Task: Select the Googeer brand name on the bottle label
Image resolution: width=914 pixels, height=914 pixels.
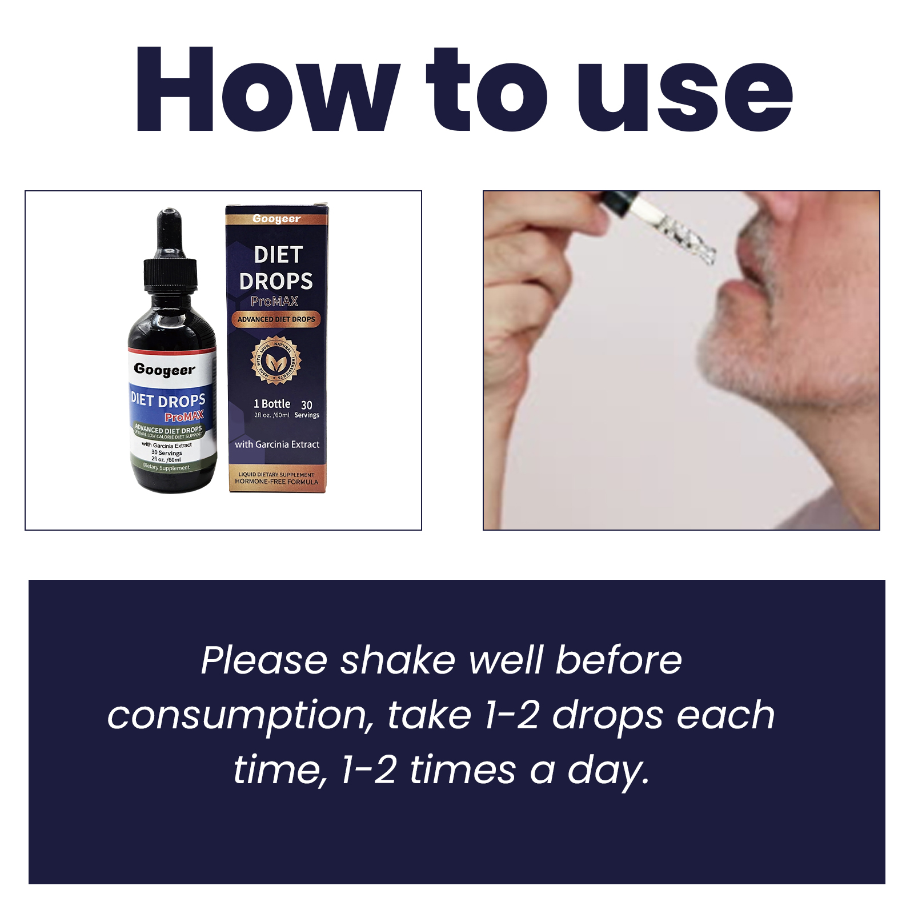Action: [165, 369]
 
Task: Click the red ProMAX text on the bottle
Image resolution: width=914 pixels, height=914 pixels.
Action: [184, 416]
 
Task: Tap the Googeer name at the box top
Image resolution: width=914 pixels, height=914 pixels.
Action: [276, 219]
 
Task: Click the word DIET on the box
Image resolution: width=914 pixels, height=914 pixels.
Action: [278, 255]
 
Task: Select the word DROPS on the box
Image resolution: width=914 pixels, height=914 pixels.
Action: [276, 281]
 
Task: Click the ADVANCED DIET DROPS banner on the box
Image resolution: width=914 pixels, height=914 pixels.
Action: [276, 319]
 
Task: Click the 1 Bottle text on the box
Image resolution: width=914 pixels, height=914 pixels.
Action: [272, 404]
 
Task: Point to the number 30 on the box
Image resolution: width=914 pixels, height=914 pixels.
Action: [307, 404]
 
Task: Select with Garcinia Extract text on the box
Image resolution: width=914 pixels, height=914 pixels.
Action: [277, 444]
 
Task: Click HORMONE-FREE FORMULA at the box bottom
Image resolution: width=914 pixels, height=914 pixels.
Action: [276, 482]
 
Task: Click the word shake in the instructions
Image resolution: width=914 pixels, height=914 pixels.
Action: [398, 661]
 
